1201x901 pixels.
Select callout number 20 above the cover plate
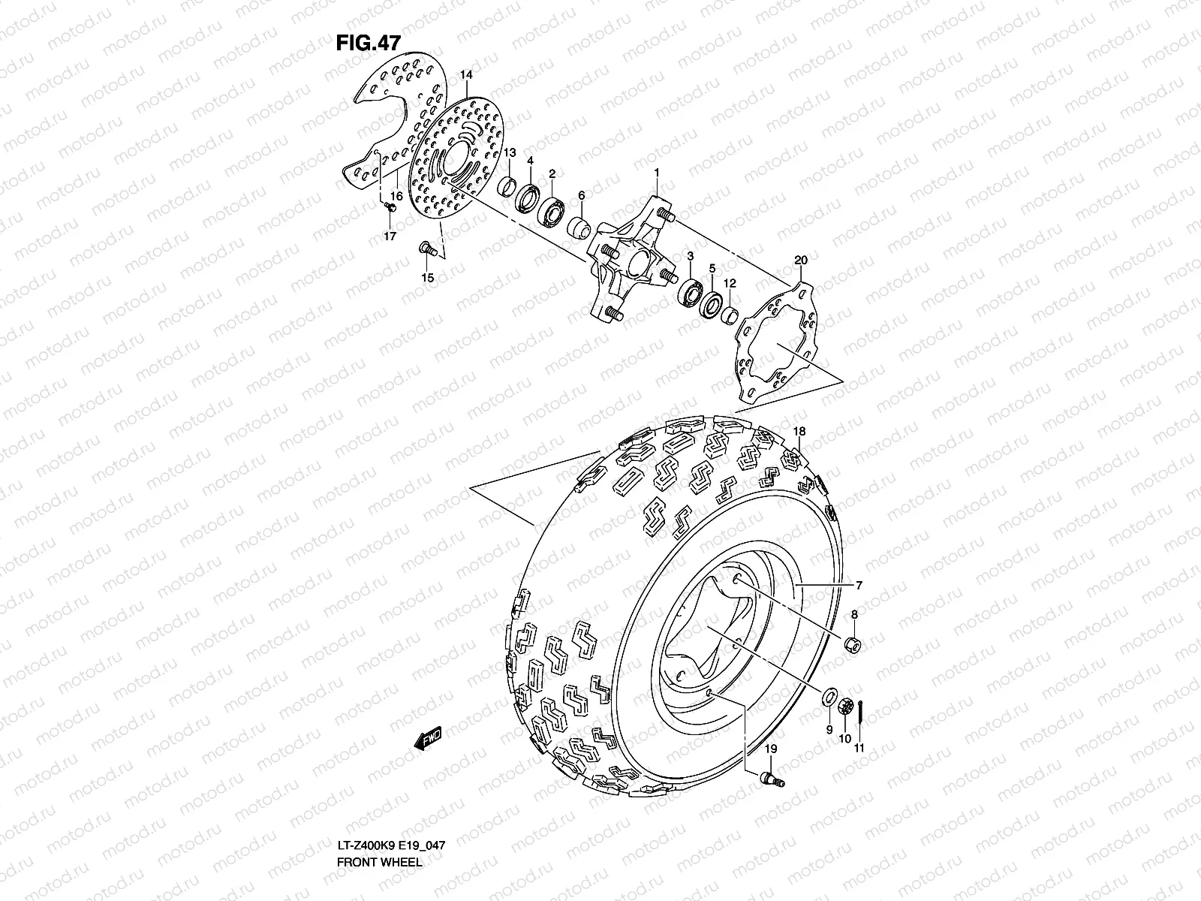click(800, 261)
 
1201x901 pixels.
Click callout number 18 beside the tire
click(800, 432)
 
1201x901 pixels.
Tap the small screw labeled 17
click(390, 206)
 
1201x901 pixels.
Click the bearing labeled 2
click(554, 209)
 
